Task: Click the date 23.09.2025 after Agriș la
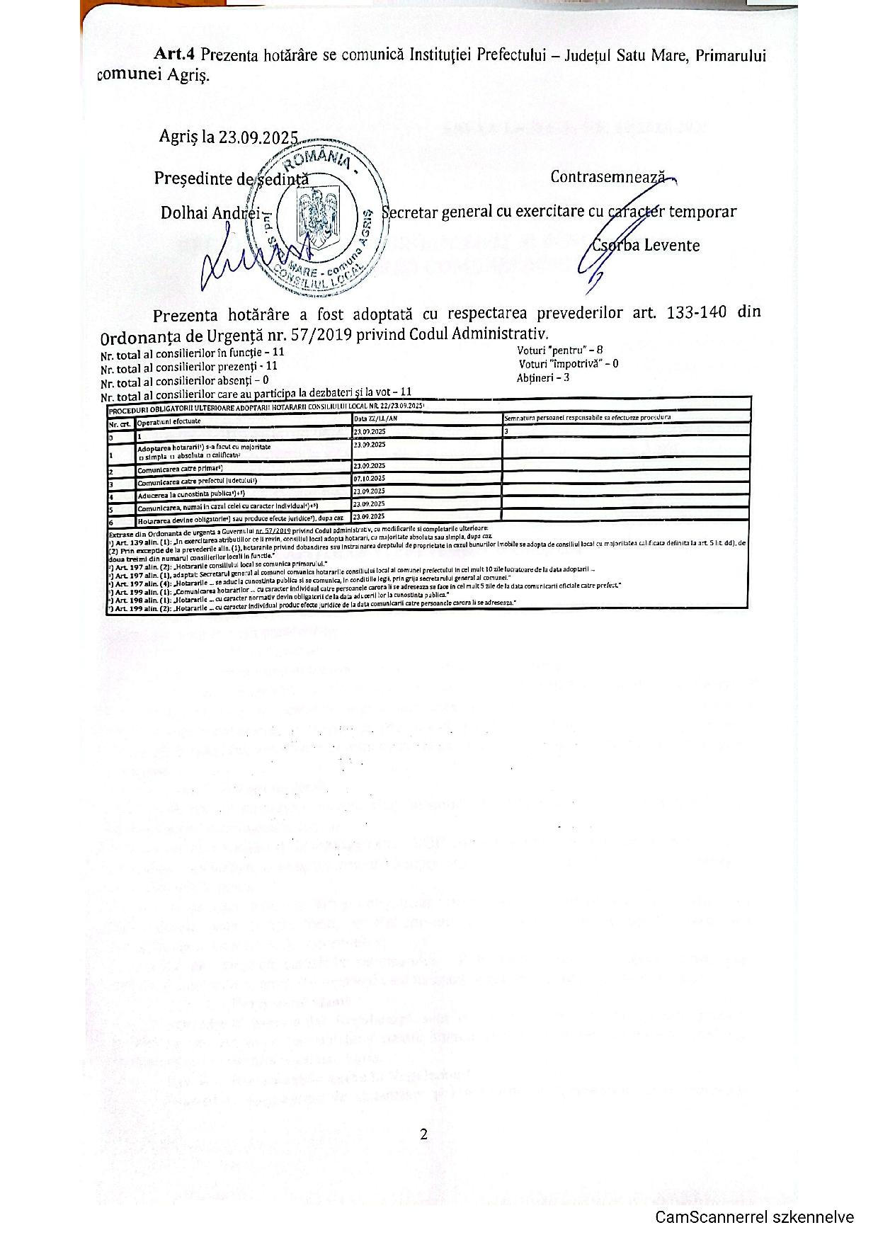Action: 258,137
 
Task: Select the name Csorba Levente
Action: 646,246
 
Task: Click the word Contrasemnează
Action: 608,176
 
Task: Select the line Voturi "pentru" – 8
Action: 560,350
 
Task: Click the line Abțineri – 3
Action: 543,377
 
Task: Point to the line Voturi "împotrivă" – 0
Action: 569,364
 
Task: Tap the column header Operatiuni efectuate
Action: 169,421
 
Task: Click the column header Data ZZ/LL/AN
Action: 375,418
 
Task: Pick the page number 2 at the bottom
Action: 423,1134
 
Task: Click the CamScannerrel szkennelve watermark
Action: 754,1217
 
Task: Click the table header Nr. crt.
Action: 120,423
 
